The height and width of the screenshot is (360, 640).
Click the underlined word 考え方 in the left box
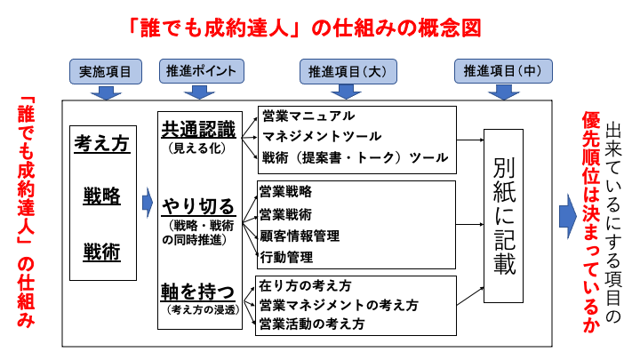tap(101, 141)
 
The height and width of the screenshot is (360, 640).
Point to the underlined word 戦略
tap(101, 196)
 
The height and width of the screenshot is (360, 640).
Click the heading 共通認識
tap(197, 129)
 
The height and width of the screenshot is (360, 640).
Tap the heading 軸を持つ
tap(197, 292)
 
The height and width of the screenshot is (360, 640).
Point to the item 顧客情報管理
tap(300, 236)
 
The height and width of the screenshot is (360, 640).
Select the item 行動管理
tap(286, 258)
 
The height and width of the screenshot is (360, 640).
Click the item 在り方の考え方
tap(305, 286)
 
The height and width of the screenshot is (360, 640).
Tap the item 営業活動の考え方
tap(311, 324)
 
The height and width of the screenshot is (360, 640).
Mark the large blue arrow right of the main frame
tap(567, 216)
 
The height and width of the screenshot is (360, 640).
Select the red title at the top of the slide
tap(305, 28)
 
